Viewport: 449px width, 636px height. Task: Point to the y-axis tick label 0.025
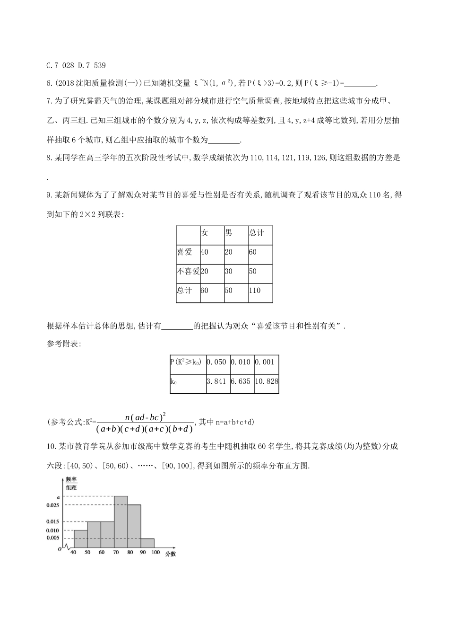pos(52,505)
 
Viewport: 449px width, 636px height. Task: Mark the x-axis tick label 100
pos(155,552)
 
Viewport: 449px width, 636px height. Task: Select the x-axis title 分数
pos(171,554)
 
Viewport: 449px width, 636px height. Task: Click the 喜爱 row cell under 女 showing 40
pos(204,252)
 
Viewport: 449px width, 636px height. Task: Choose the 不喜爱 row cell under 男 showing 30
pos(229,271)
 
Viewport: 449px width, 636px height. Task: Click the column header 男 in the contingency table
pos(229,233)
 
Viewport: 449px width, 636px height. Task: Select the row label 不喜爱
pos(188,271)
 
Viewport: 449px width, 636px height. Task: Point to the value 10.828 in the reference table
pos(266,381)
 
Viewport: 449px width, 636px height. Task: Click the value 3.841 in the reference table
pos(217,381)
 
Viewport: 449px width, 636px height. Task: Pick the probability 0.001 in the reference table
pos(264,362)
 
